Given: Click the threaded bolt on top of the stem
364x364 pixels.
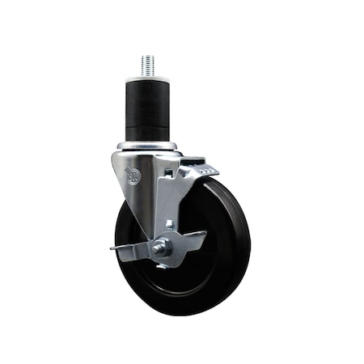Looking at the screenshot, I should coord(147,64).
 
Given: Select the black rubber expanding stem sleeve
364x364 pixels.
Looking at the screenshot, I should coord(148,109).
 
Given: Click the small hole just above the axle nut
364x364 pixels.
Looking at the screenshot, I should coord(167,224).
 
